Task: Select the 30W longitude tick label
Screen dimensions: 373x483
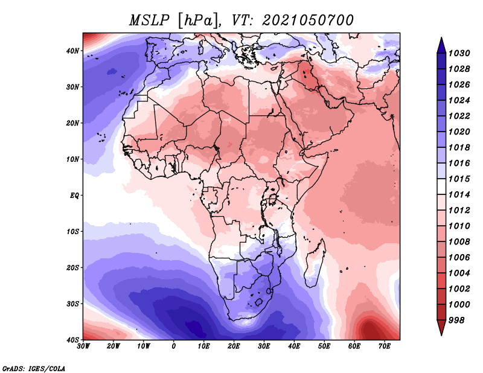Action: coord(84,346)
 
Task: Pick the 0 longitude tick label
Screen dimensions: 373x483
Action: coord(174,346)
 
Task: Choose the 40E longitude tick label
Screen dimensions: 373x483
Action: coord(294,346)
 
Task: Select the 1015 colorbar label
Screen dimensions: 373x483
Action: coord(460,179)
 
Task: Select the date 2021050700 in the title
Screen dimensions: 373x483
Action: coord(308,20)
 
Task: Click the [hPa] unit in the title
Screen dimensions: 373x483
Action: coord(193,20)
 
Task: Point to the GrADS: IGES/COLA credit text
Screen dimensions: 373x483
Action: coord(34,368)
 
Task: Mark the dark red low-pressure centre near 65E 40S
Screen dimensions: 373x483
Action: coord(368,330)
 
